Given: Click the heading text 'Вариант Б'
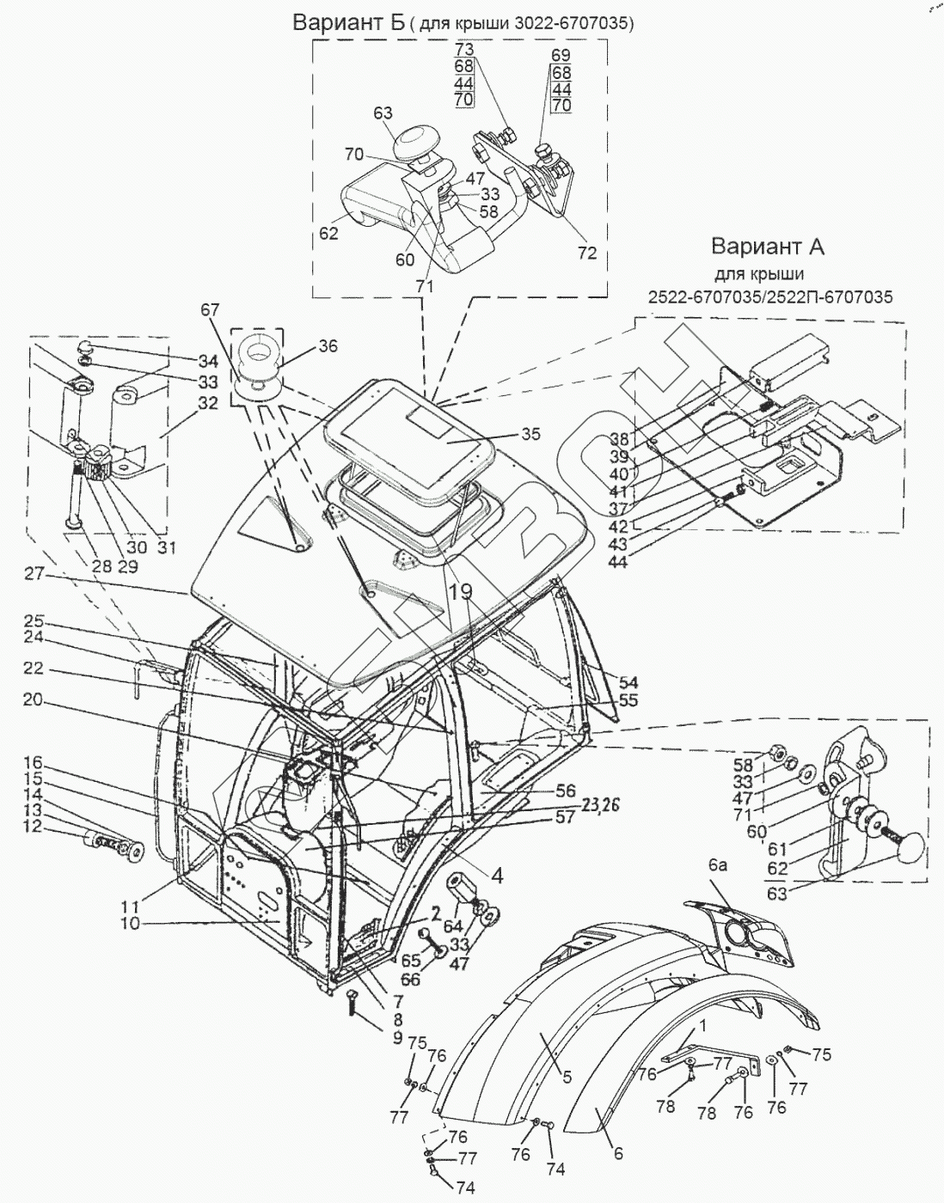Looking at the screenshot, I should (348, 23).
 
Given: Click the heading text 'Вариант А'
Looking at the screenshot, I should (768, 247).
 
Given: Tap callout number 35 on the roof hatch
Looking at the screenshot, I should (530, 435).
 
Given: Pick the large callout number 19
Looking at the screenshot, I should (460, 590).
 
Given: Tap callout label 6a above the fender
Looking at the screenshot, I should (718, 867).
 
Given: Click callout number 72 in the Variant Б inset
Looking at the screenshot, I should (588, 254).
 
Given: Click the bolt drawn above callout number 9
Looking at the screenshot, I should (352, 1003).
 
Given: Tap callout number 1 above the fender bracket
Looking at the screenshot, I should (702, 1025).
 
